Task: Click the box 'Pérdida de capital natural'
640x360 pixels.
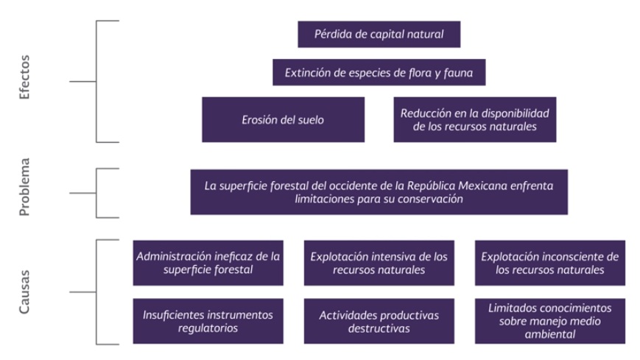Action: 379,35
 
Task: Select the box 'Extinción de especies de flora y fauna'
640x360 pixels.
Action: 379,72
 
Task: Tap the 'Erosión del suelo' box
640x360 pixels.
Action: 284,119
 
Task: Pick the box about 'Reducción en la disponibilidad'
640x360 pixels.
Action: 475,119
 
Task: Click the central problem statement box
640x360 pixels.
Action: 379,192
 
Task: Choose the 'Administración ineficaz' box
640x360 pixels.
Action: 208,263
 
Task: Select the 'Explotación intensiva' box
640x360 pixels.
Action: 379,263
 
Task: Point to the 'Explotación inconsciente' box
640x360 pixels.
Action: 550,263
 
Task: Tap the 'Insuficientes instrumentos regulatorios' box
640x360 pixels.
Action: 208,321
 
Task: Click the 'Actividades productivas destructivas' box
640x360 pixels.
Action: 379,321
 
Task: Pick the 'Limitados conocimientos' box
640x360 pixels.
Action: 550,321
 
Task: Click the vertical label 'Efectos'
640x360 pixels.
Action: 24,77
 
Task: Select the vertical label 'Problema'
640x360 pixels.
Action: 24,187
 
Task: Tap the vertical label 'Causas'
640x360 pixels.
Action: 24,292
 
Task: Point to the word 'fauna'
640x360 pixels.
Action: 458,73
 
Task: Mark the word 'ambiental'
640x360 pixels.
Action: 550,334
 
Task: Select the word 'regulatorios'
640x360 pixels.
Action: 208,328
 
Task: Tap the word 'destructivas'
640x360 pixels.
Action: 379,328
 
